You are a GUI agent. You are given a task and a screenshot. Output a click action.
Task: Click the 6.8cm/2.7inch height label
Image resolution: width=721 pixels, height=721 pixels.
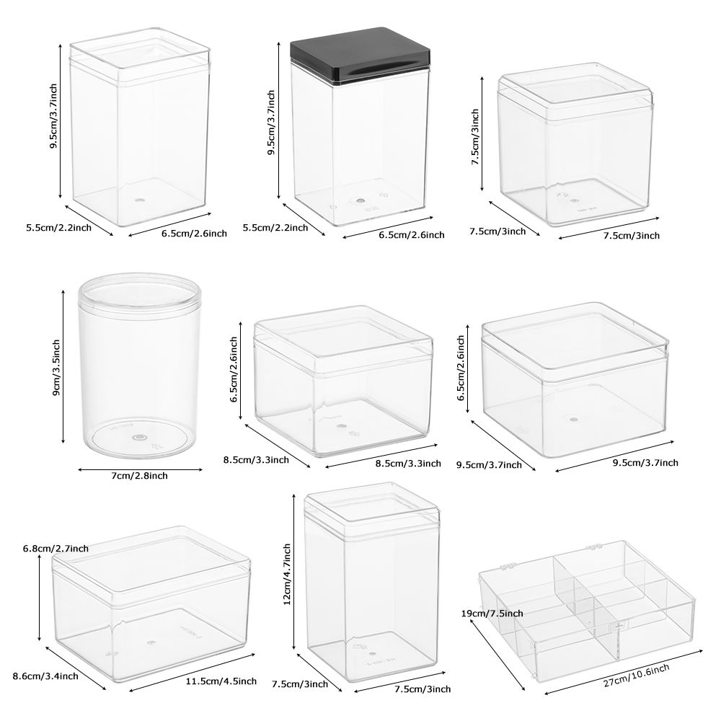[x=56, y=549]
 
